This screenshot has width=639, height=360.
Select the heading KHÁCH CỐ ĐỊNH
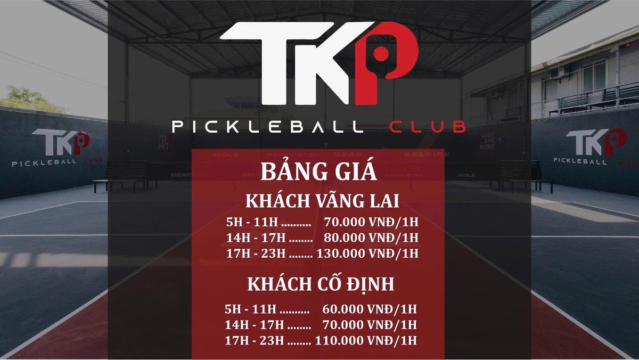pos(321,284)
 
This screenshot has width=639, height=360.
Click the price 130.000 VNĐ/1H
pos(367,253)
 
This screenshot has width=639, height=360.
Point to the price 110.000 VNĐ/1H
pos(366,340)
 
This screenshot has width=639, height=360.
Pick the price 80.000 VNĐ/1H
pos(371,237)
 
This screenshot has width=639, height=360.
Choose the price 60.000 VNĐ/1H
pos(370,309)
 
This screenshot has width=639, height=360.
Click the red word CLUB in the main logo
pos(428,127)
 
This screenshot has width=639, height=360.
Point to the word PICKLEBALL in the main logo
pos(267,127)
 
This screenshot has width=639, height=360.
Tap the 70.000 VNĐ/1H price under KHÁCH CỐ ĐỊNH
pos(370,324)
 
